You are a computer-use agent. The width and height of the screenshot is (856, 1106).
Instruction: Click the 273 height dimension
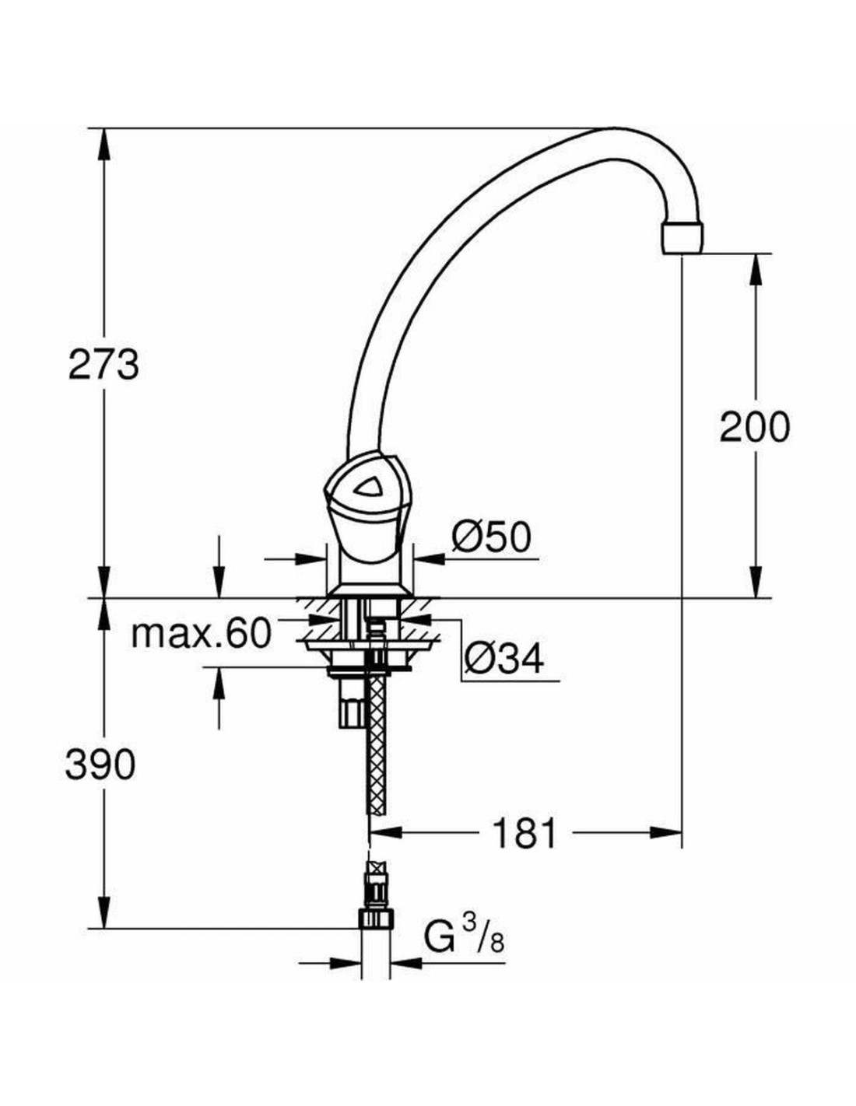[103, 364]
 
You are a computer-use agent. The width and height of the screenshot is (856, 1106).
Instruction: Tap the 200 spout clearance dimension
[754, 426]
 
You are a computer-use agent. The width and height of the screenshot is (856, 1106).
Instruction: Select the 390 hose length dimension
[100, 765]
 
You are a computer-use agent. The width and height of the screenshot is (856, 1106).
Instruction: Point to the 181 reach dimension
[525, 834]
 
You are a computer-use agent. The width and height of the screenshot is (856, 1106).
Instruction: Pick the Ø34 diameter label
[503, 660]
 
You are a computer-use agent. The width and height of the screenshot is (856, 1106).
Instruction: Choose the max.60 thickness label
[201, 634]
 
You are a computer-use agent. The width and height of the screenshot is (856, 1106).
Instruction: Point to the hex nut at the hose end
[376, 919]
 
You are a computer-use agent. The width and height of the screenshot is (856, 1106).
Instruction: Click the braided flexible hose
[377, 739]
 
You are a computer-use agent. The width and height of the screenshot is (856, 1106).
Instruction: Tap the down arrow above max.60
[220, 583]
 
